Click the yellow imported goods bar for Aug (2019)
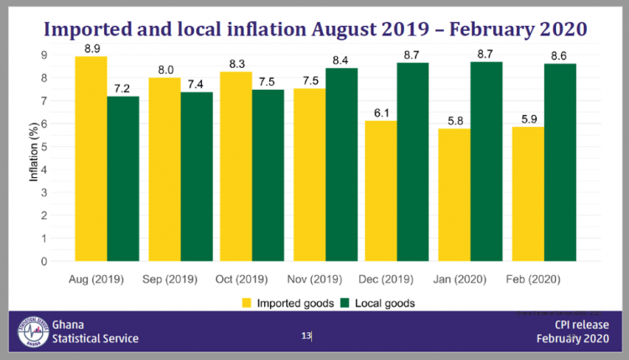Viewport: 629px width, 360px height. [91, 159]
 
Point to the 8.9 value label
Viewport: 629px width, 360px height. [91, 49]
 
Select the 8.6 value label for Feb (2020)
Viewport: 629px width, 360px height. [559, 55]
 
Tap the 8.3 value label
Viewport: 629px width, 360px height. [236, 63]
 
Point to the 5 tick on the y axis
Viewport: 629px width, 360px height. [44, 147]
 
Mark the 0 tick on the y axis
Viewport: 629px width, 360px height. [44, 261]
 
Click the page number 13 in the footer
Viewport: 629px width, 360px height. [306, 336]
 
